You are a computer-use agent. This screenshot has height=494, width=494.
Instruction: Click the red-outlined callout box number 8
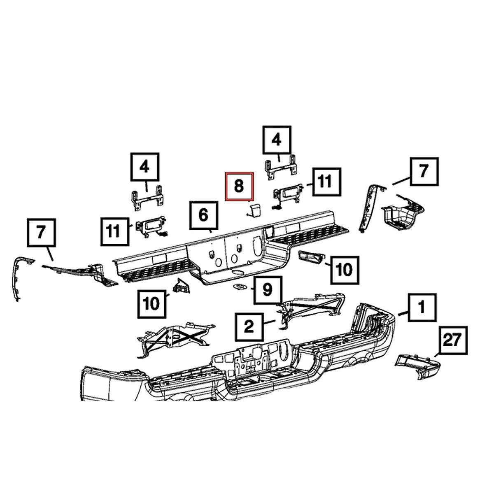pyautogui.click(x=239, y=186)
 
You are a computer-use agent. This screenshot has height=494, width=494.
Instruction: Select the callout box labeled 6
pyautogui.click(x=203, y=215)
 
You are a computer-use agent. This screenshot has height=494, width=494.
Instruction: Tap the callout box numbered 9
pyautogui.click(x=268, y=290)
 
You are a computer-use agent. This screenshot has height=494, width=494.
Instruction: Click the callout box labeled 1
pyautogui.click(x=422, y=308)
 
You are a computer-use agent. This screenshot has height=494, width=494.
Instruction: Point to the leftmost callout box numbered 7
pyautogui.click(x=41, y=233)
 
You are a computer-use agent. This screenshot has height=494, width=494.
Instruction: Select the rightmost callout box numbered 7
pyautogui.click(x=424, y=172)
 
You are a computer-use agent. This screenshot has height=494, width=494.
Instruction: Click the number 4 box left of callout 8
pyautogui.click(x=145, y=167)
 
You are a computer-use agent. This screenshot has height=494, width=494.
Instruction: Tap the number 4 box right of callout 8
pyautogui.click(x=277, y=140)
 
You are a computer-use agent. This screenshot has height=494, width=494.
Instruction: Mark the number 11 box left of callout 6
pyautogui.click(x=115, y=231)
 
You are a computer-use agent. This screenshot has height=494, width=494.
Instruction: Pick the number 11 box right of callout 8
pyautogui.click(x=326, y=182)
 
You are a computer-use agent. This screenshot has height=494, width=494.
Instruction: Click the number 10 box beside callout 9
pyautogui.click(x=152, y=304)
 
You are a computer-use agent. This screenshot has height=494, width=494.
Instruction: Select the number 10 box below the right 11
pyautogui.click(x=345, y=270)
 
